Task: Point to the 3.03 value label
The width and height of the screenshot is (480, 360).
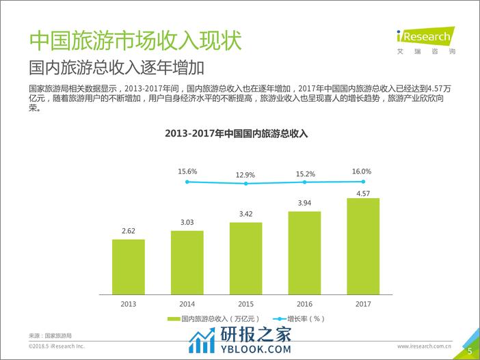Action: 187,223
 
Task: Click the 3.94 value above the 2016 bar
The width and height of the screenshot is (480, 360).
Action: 304,203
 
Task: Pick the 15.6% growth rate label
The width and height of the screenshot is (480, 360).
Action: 187,171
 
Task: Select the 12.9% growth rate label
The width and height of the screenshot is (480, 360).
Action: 245,175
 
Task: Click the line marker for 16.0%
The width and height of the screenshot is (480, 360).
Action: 363,181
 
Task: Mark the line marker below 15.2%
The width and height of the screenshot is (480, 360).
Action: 304,182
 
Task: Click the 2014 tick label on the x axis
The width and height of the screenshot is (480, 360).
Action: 187,304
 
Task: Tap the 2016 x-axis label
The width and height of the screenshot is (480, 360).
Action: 304,304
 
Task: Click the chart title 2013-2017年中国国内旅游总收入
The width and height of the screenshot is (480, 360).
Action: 237,134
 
